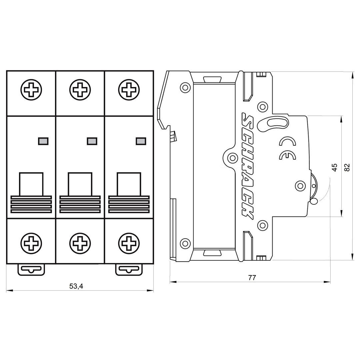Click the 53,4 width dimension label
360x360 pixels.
tap(76, 286)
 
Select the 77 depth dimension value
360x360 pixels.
tap(252, 278)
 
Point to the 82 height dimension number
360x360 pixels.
tap(347, 167)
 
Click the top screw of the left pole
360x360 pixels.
tap(32, 90)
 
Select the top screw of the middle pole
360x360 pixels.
tap(80, 90)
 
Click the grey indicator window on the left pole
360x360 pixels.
tap(42, 141)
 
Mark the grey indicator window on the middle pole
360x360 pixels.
tap(91, 141)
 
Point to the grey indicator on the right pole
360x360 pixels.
tap(140, 141)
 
